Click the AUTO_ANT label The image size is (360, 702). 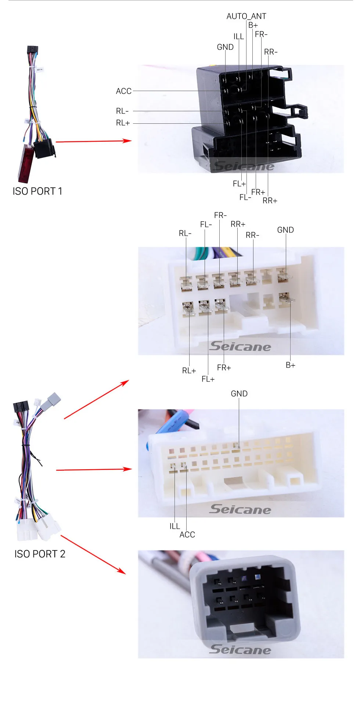point(246,16)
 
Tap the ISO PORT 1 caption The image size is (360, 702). point(37,191)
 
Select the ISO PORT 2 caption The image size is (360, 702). point(40,554)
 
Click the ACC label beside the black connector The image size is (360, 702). point(123,91)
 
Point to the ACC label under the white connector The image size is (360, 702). point(187,535)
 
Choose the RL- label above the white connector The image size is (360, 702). point(185,233)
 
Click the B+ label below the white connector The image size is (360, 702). point(290,365)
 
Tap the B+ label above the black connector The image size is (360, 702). point(253,25)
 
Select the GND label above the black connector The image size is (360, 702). point(225,47)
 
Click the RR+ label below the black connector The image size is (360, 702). point(270,200)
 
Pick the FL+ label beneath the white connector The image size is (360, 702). point(208,379)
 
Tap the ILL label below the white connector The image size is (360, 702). point(174,526)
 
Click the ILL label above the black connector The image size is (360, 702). point(238,36)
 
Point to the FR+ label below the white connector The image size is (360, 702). point(224,368)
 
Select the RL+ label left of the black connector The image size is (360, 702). point(123,123)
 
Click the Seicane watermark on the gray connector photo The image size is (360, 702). point(240,649)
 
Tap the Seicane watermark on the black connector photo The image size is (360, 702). point(244,166)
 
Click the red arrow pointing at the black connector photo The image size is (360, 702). point(94,141)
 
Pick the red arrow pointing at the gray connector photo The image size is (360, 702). point(93,554)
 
